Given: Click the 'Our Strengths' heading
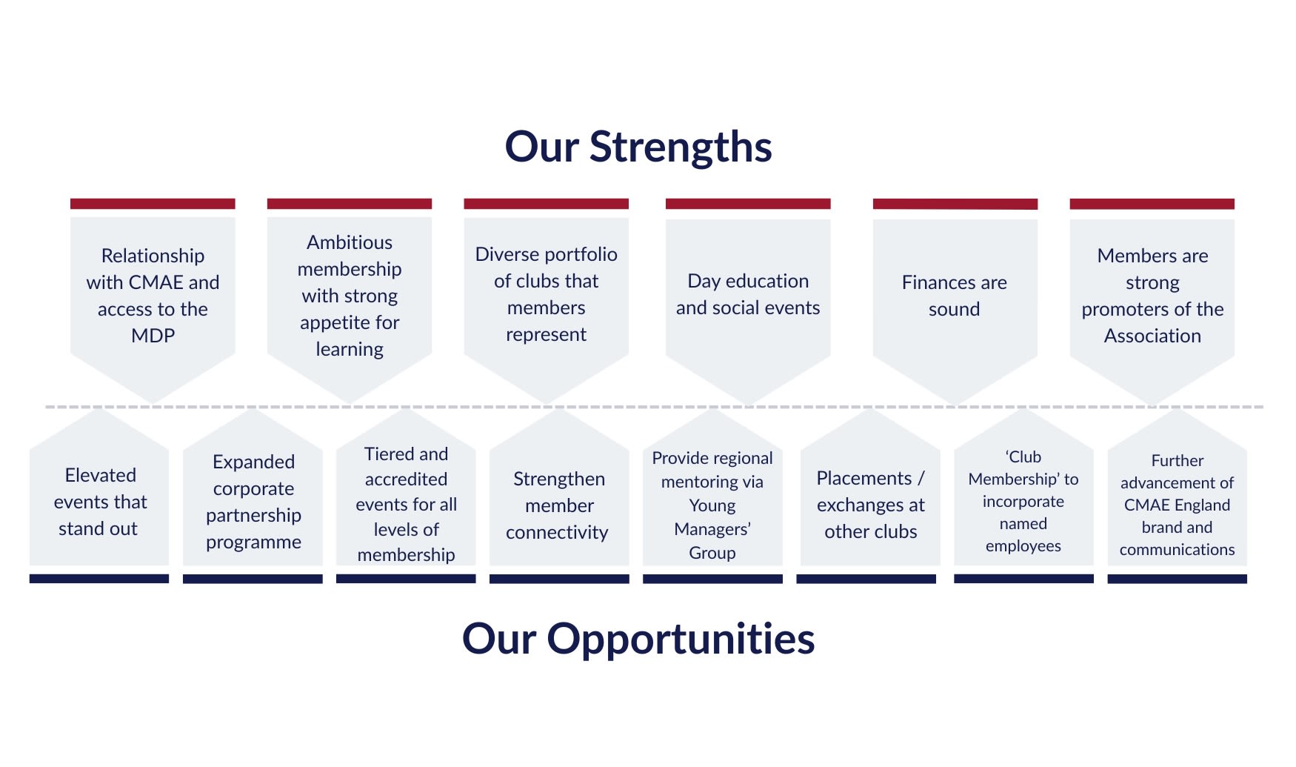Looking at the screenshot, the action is click(638, 147).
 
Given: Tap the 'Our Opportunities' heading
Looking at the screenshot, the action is click(638, 639).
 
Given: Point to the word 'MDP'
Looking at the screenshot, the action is click(153, 336).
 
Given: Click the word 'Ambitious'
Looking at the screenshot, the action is click(350, 242).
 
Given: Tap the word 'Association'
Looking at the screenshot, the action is click(1152, 336).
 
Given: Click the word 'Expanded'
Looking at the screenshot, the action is click(253, 462).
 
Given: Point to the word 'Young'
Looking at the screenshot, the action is click(712, 505).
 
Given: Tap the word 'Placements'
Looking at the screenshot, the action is click(864, 478).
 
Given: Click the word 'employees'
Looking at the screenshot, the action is click(1023, 546).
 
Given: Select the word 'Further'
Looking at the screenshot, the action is click(1178, 460).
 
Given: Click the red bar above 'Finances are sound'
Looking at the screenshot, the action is click(955, 204).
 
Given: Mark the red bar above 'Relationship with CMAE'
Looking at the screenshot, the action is click(153, 204).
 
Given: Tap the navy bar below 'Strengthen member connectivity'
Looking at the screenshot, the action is click(559, 579).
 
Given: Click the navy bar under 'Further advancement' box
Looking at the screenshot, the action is click(1178, 579).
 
